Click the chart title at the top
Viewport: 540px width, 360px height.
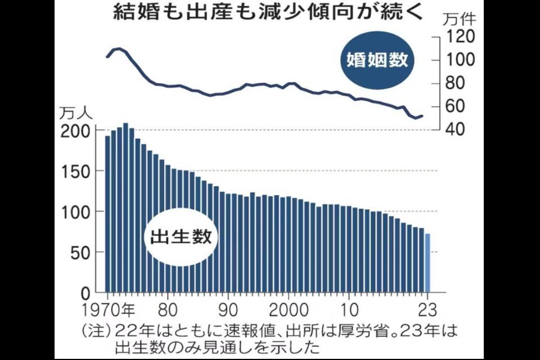click(269, 12)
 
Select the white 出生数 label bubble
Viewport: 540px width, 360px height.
click(181, 237)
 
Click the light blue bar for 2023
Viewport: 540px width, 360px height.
click(428, 263)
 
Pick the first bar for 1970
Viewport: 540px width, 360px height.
click(107, 214)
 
